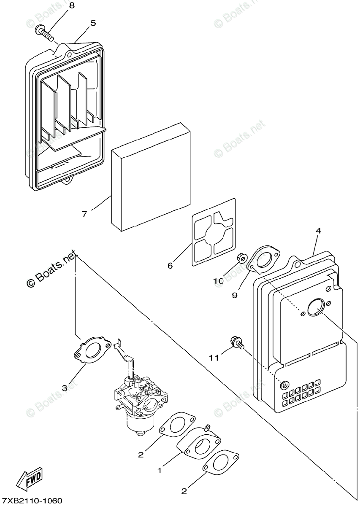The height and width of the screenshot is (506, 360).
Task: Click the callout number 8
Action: click(71, 5)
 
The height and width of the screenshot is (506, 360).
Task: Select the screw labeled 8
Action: click(46, 33)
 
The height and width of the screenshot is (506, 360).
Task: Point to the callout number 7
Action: click(84, 214)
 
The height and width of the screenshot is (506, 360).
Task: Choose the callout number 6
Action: click(170, 265)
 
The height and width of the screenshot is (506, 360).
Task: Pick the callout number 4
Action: click(318, 231)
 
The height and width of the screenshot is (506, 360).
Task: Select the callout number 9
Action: click(235, 295)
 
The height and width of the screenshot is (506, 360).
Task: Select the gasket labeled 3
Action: click(93, 349)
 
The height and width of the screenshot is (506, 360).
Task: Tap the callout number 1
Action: click(160, 469)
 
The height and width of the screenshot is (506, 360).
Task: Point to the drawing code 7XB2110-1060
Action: click(31, 501)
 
